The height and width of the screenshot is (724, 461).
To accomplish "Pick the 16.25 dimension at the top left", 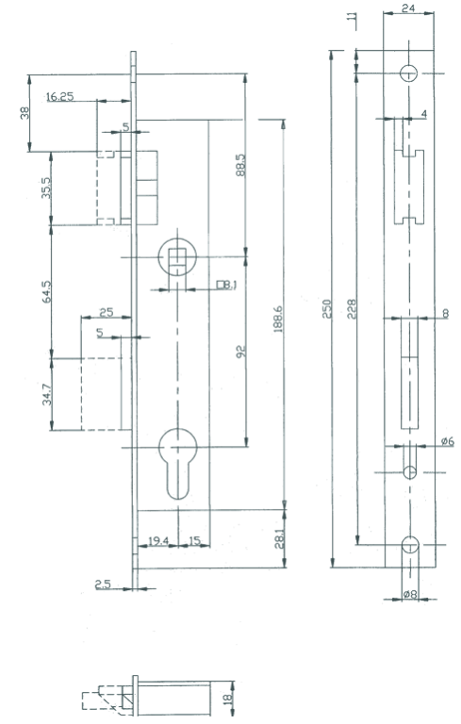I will (59, 96).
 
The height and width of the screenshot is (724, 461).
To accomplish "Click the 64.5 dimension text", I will (47, 291).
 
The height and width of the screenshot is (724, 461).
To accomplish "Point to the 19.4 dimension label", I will (157, 541).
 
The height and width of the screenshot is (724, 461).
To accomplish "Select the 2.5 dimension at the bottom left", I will (107, 586).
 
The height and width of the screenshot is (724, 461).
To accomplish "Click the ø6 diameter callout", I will (447, 441).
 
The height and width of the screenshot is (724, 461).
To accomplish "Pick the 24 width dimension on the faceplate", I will (408, 8).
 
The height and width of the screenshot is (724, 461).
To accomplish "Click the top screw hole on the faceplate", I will (409, 74).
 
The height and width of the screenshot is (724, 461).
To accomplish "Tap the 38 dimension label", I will (25, 112).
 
